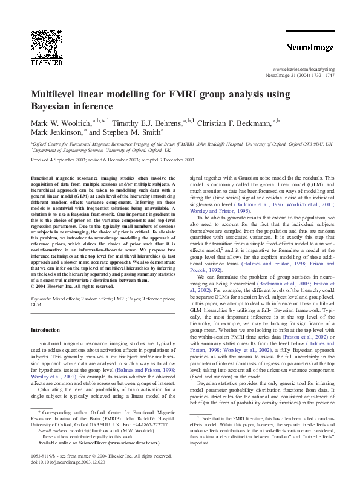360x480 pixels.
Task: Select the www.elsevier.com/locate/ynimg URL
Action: (x=303, y=70)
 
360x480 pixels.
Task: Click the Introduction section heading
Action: (x=46, y=331)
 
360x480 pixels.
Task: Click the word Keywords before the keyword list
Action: (x=41, y=299)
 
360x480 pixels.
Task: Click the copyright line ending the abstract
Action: (x=75, y=287)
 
